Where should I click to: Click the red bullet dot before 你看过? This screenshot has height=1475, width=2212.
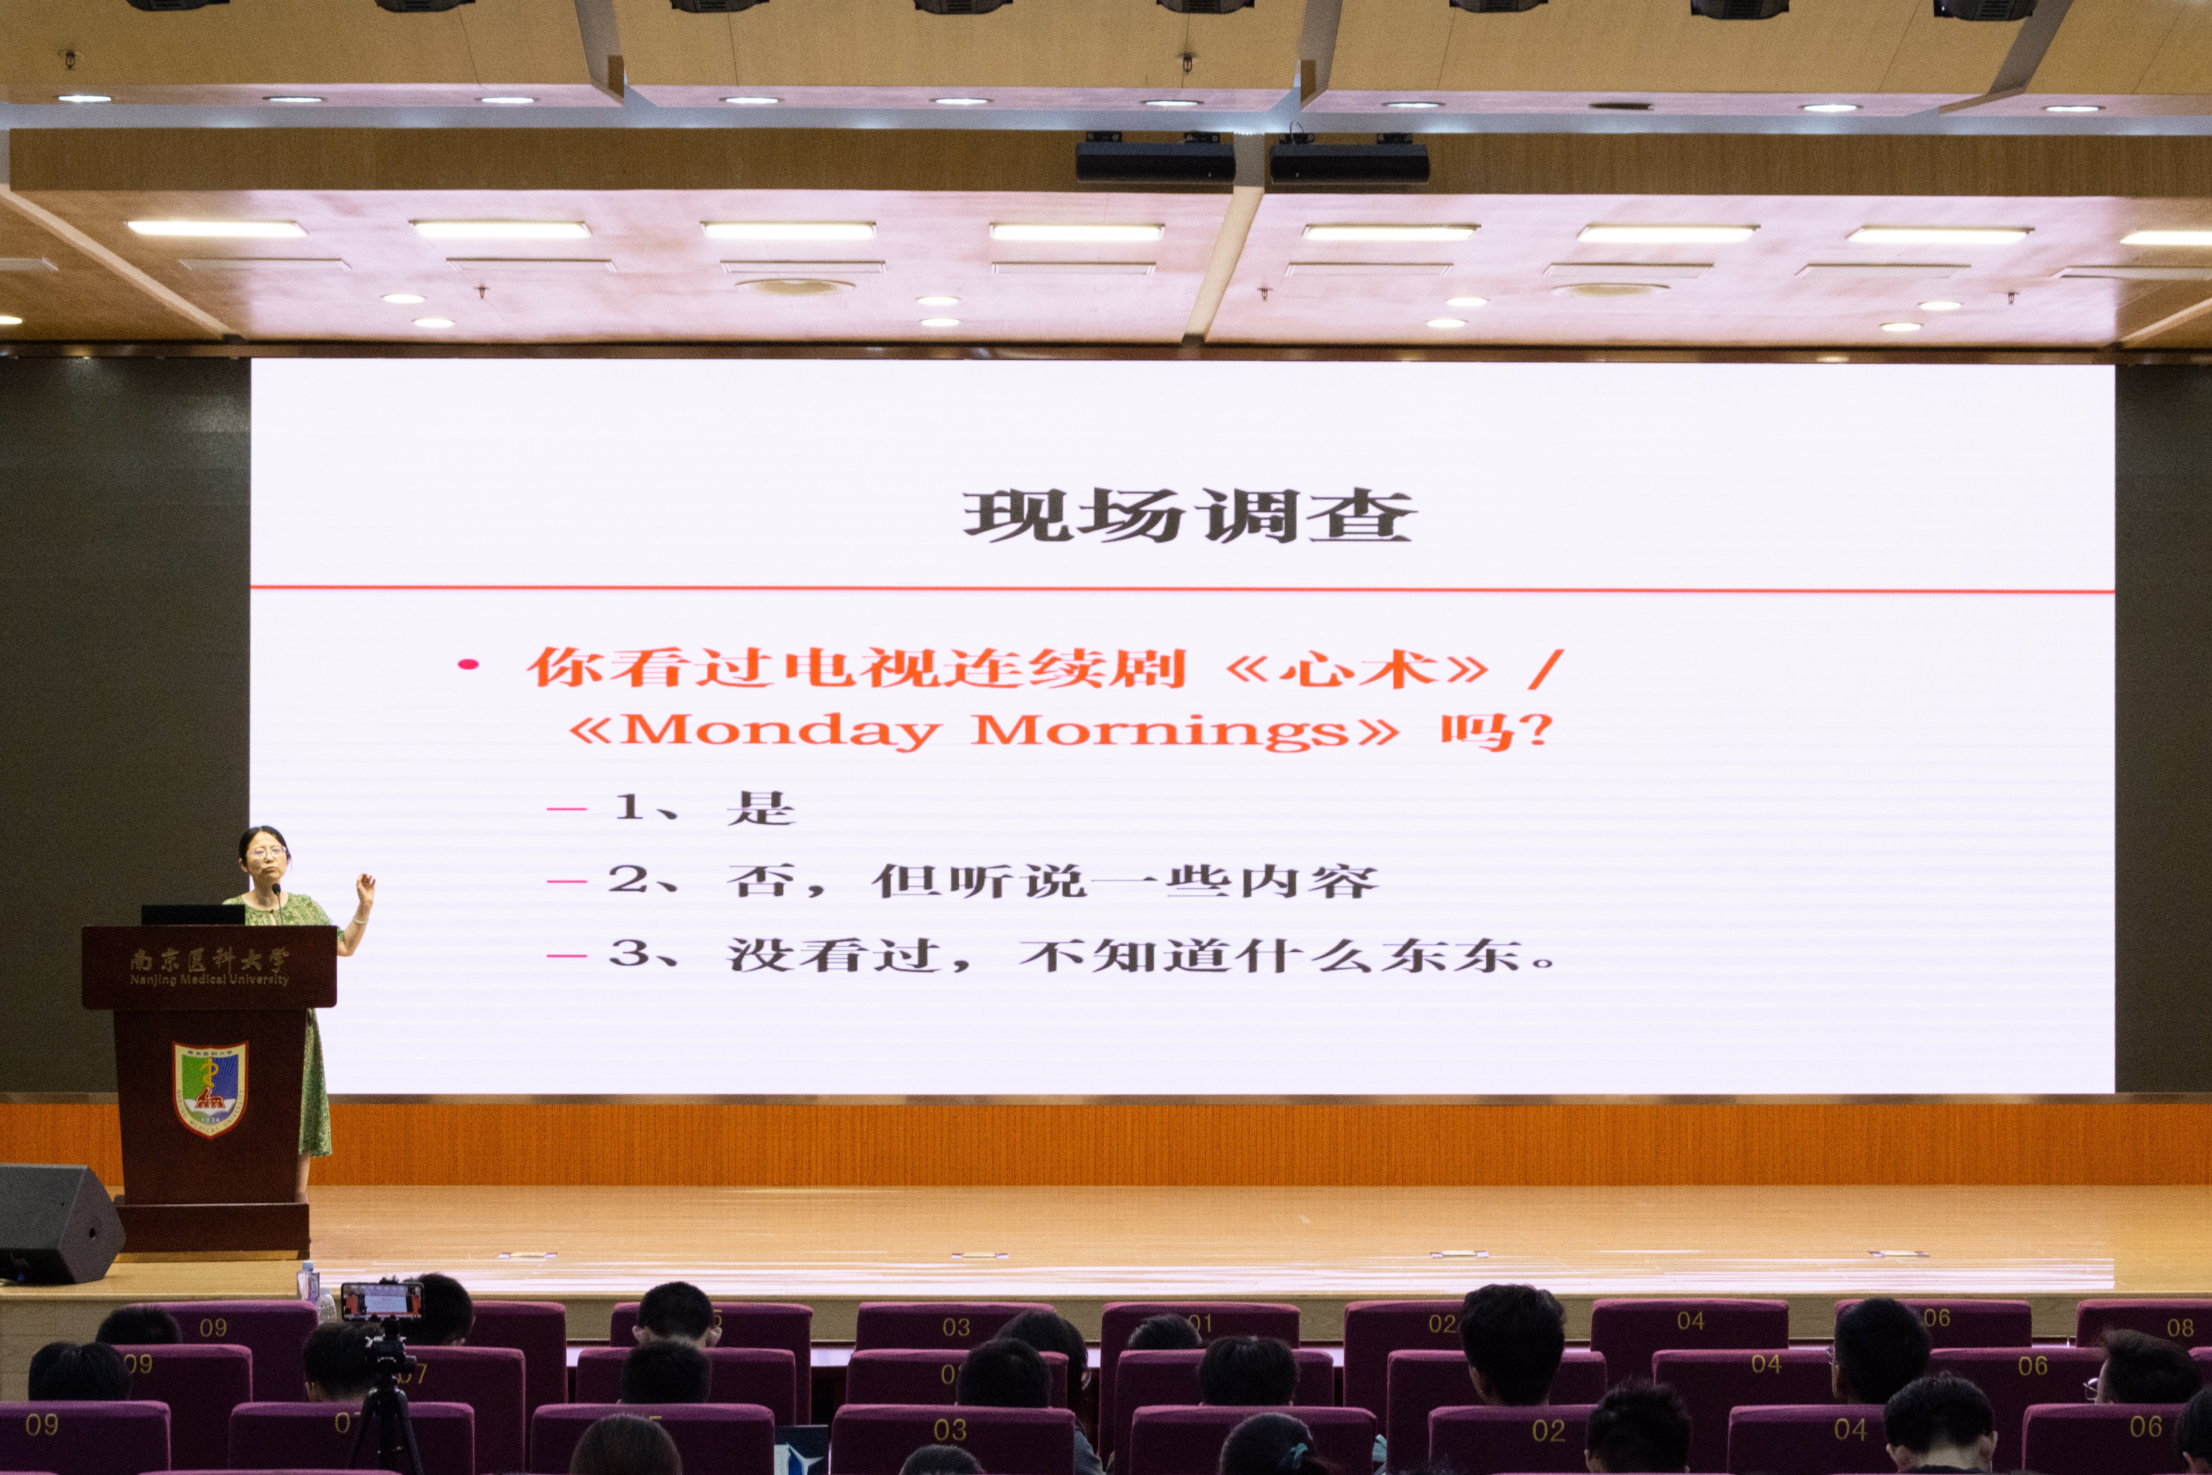[467, 665]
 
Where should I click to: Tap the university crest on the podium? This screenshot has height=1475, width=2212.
[210, 1088]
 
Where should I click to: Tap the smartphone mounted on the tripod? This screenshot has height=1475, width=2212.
[381, 1301]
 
